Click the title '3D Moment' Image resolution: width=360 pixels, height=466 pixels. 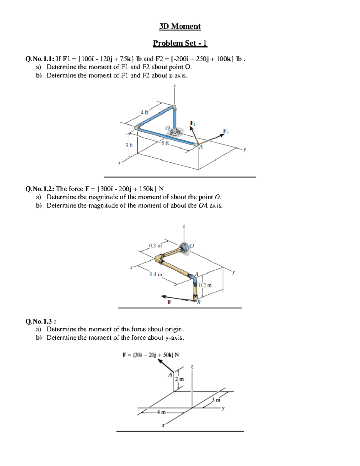(x=180, y=26)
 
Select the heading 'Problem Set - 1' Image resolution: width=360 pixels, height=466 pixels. (x=180, y=43)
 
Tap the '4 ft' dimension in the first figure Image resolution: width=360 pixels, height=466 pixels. (x=145, y=113)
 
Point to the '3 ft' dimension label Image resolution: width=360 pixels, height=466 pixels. (x=129, y=145)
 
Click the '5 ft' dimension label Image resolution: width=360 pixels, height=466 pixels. (x=165, y=143)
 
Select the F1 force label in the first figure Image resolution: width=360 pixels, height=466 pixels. (x=193, y=123)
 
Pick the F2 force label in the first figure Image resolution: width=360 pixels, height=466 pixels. (x=226, y=131)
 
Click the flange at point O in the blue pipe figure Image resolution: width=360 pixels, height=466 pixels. (x=175, y=131)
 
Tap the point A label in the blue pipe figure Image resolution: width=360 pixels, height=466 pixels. (x=201, y=147)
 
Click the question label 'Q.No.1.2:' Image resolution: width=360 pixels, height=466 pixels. (x=40, y=189)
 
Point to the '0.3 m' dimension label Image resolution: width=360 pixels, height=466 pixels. (x=155, y=246)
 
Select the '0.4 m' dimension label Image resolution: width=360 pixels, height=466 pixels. (x=156, y=274)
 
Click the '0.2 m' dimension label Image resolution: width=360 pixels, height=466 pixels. (x=205, y=285)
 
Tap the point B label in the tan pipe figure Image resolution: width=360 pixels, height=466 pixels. (x=198, y=302)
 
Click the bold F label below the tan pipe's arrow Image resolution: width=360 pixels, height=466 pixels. (x=169, y=302)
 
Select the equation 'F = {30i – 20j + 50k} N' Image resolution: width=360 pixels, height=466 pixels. (x=151, y=355)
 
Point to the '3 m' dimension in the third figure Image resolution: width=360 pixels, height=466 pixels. (x=216, y=400)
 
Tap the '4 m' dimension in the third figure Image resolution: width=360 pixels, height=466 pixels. (x=161, y=412)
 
